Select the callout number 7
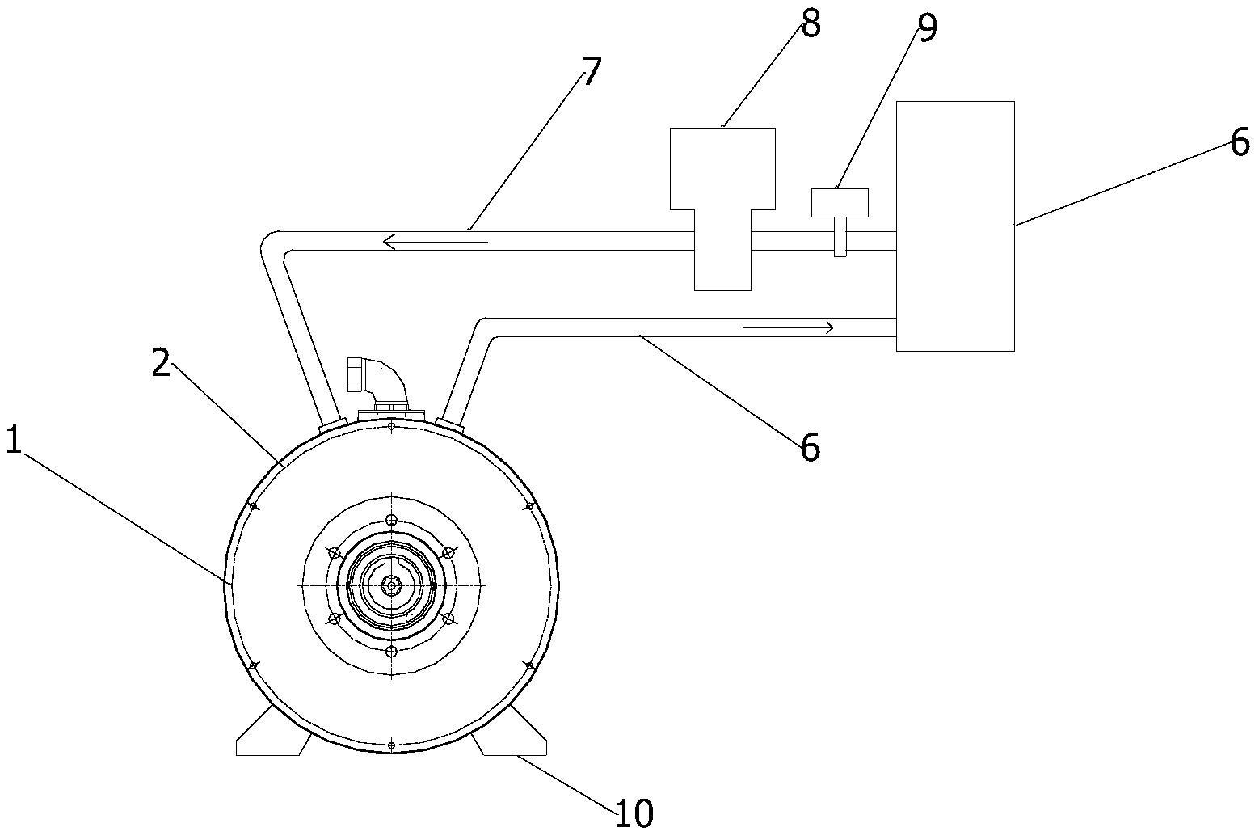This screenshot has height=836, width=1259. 592,71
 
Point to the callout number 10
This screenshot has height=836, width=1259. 634,813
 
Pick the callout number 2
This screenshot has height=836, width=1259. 161,364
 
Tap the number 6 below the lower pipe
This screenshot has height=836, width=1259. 810,448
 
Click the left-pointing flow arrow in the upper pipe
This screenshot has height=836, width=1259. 436,243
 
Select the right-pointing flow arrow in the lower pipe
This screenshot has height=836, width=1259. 788,327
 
